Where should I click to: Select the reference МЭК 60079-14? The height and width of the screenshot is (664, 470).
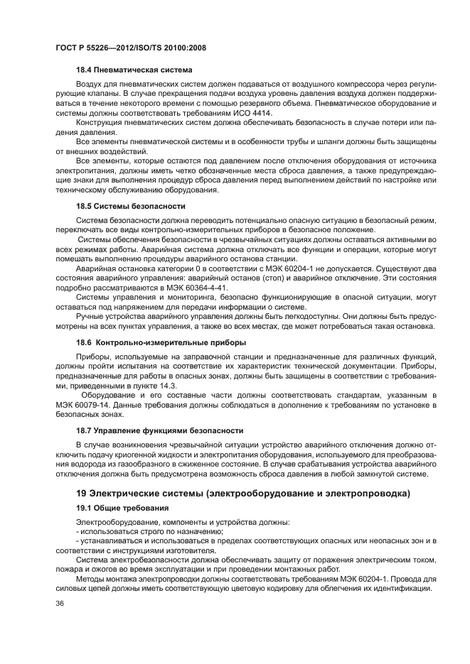tap(83, 404)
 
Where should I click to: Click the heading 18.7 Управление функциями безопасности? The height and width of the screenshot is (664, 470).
tap(160, 430)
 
